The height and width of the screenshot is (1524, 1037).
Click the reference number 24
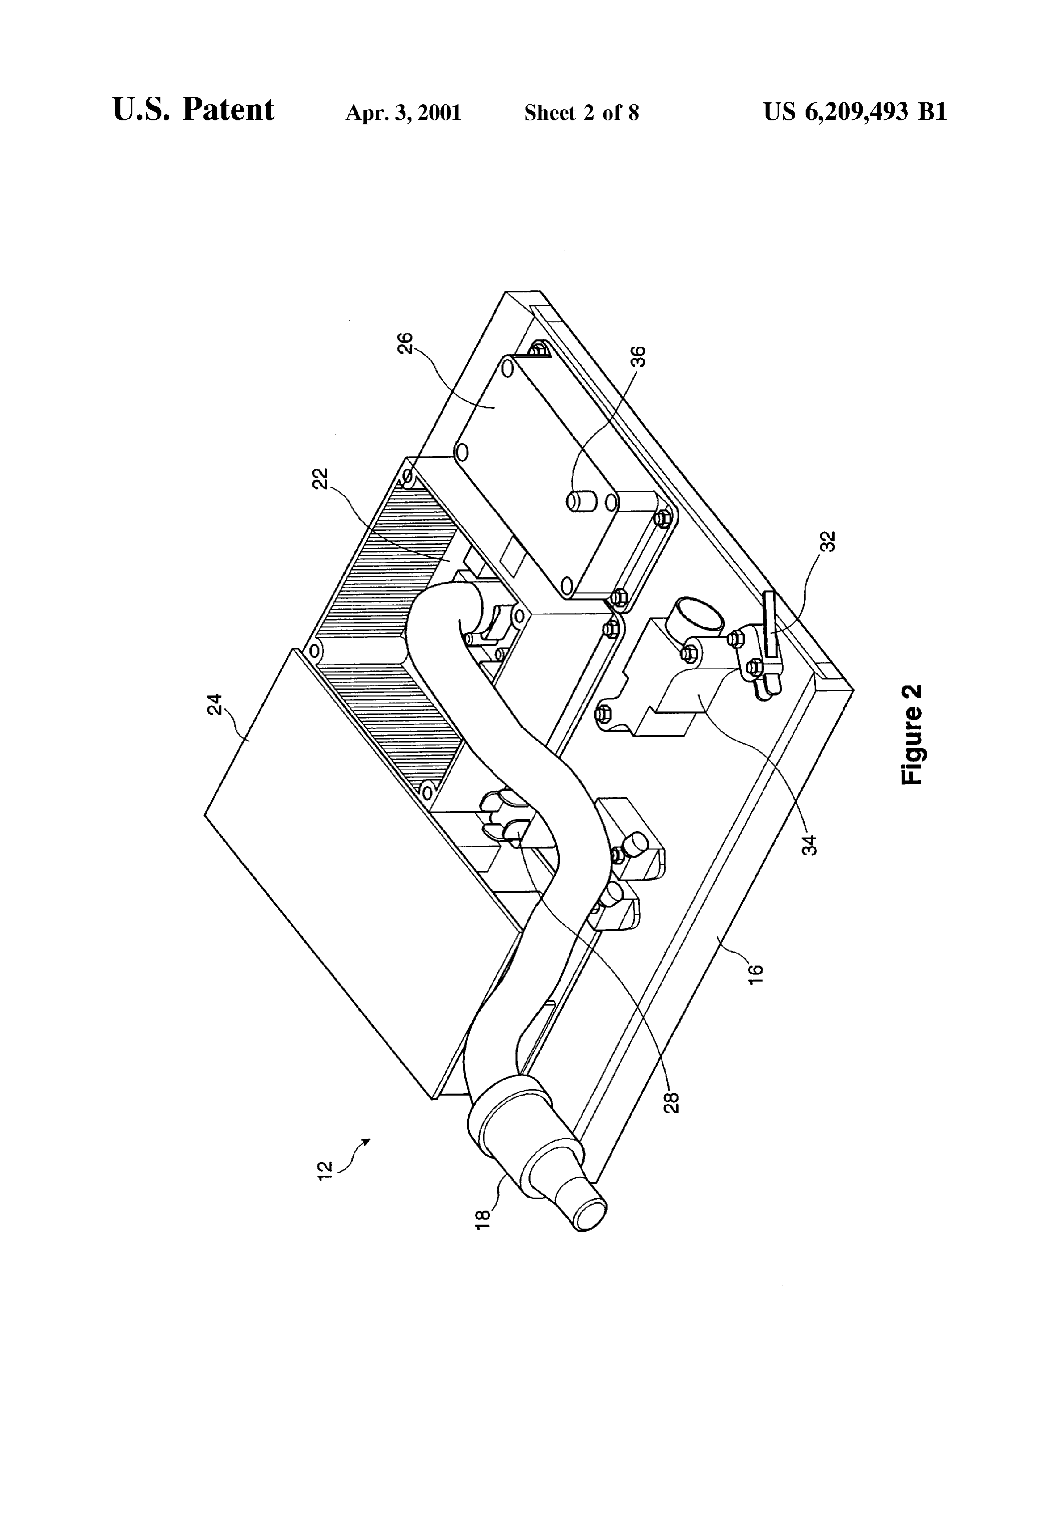coord(215,704)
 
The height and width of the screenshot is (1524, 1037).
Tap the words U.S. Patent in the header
coord(194,110)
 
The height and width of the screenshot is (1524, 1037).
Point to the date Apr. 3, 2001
coord(403,113)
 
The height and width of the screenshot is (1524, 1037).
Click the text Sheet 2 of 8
coord(582,113)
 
